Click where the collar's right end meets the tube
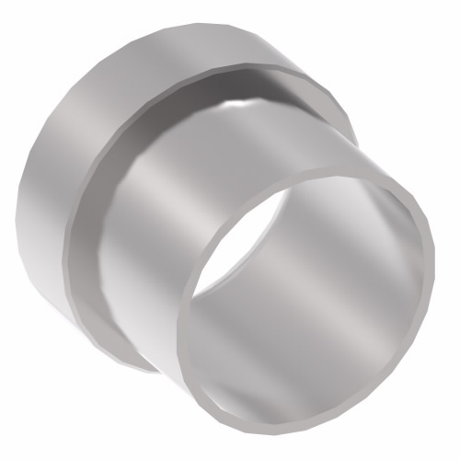(353, 138)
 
